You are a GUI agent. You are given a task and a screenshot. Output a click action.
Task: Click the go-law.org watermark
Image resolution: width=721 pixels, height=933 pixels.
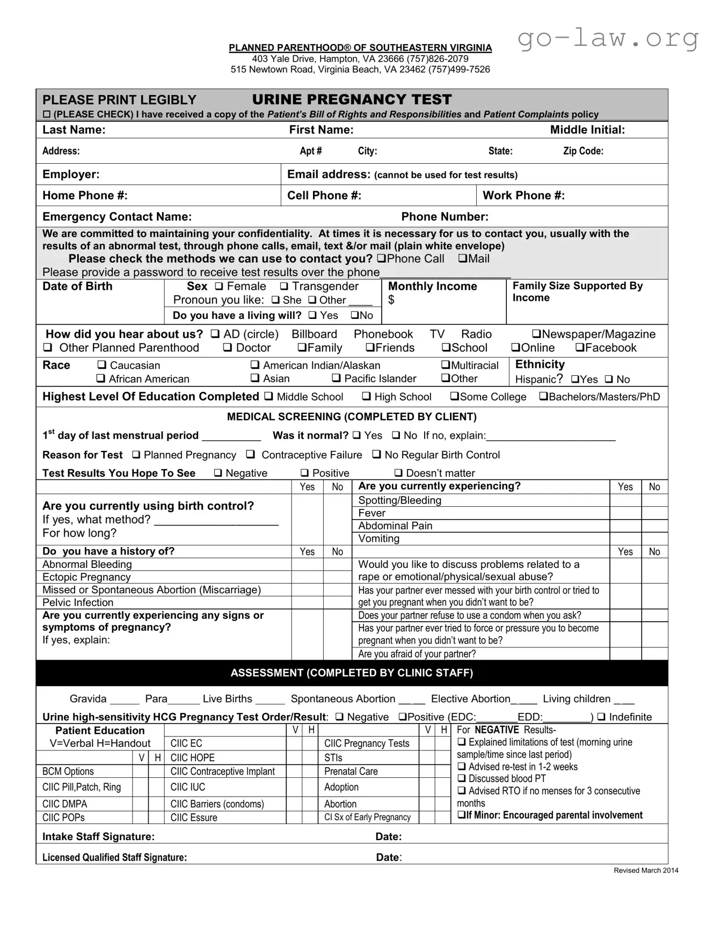608,38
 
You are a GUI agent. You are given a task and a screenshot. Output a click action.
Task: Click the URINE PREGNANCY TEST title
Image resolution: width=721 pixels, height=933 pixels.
352,99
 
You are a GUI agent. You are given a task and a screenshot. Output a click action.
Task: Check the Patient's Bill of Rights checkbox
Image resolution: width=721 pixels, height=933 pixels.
47,114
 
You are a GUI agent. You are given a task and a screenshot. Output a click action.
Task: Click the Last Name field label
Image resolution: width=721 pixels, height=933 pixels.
74,130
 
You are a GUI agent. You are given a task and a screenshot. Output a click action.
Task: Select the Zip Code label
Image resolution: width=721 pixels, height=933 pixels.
583,151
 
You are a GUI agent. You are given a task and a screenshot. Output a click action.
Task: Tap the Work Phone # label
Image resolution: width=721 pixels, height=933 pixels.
523,195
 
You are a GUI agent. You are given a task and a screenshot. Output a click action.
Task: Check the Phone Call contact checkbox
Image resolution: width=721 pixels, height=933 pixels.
381,259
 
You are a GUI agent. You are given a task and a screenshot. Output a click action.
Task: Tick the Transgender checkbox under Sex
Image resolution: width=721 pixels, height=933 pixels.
284,287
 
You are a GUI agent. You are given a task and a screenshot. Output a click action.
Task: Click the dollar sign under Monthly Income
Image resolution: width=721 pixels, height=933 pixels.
391,300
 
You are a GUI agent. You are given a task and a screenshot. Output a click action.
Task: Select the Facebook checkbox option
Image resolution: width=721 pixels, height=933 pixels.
580,348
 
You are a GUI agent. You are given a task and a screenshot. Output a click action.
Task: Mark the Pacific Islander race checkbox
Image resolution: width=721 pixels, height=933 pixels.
336,378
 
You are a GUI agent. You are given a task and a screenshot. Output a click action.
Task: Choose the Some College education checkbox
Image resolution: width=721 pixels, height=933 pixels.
454,397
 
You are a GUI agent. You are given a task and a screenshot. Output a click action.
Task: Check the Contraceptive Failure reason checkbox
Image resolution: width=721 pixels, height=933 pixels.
251,455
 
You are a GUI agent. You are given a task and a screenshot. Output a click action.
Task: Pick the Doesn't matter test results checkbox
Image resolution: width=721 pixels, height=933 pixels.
398,473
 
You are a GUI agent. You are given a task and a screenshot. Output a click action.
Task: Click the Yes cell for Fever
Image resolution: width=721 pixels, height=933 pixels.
625,513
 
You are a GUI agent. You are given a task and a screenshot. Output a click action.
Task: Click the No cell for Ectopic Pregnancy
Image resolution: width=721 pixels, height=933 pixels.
337,577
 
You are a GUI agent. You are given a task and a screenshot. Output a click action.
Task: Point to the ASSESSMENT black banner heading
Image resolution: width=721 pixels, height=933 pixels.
352,673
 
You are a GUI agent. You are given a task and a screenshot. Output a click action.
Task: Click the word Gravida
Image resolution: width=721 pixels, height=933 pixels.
88,699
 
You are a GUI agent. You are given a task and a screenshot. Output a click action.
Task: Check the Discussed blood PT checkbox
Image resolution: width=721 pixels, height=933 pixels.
461,778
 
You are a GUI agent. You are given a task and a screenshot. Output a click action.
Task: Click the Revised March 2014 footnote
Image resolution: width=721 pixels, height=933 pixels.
646,870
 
